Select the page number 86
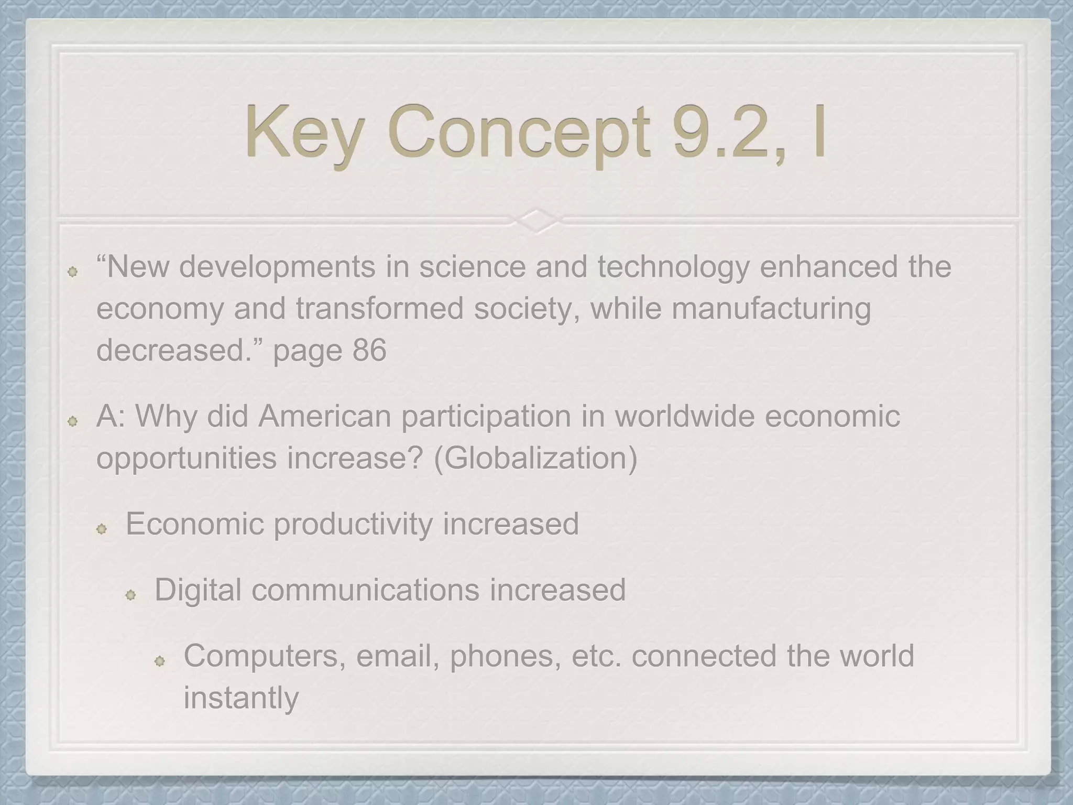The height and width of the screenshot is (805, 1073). [369, 350]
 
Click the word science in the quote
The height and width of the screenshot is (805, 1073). [472, 266]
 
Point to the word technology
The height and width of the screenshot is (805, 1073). [674, 266]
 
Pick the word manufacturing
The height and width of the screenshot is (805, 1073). [771, 308]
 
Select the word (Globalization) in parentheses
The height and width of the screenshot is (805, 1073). [535, 458]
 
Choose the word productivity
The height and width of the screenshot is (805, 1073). [353, 524]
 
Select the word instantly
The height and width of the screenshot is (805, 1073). [241, 698]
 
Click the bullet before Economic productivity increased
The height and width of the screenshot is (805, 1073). [102, 529]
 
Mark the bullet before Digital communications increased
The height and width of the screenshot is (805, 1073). [130, 595]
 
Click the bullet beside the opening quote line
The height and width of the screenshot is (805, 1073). [73, 271]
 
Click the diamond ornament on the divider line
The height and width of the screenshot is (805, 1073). [536, 221]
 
